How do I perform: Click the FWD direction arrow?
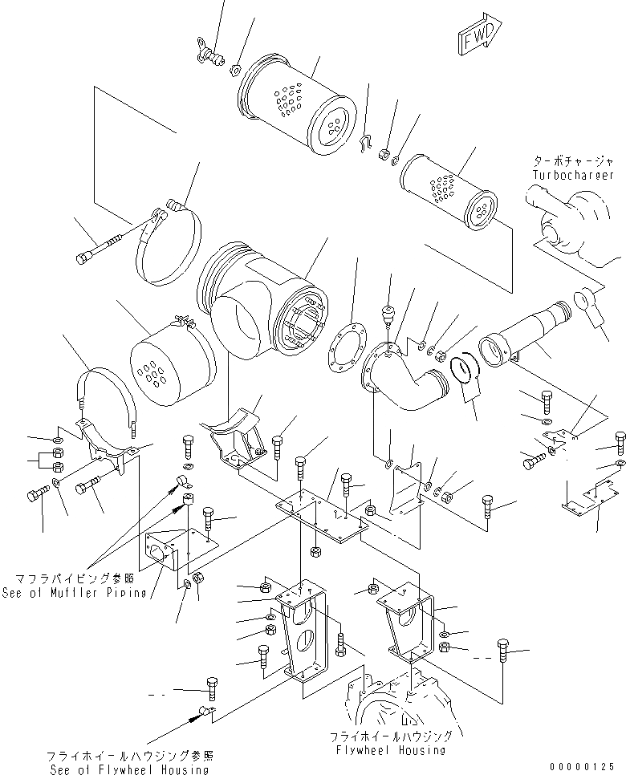[479, 36]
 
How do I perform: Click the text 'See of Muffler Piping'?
[80, 593]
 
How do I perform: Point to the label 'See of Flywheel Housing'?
[128, 769]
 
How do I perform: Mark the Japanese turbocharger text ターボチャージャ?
[575, 160]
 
